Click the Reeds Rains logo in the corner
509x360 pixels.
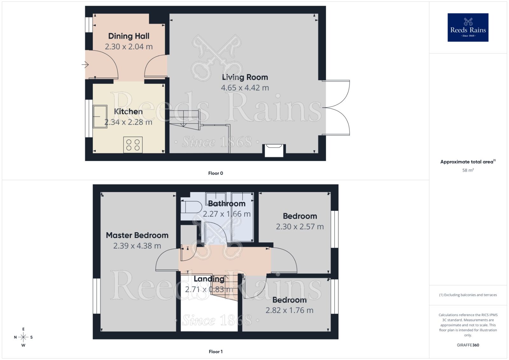click(x=468, y=27)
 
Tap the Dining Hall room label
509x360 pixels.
click(x=129, y=36)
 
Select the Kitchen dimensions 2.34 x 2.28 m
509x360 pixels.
click(x=128, y=122)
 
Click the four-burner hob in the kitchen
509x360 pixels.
click(x=133, y=145)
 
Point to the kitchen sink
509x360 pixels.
click(x=100, y=116)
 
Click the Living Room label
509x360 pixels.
click(x=245, y=77)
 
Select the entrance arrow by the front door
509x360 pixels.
click(x=85, y=65)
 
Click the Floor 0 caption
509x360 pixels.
click(x=215, y=173)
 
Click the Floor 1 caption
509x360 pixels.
click(x=215, y=351)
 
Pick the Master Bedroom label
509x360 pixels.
click(x=137, y=235)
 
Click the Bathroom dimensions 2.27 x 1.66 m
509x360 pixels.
click(x=227, y=214)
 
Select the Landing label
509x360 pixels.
click(x=209, y=279)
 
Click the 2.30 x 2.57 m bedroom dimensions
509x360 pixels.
click(x=300, y=227)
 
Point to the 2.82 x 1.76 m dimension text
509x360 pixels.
click(x=289, y=310)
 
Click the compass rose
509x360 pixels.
click(x=23, y=337)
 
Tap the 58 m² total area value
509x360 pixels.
click(x=468, y=170)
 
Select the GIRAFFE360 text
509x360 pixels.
click(x=468, y=345)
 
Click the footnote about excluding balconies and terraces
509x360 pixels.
click(x=468, y=295)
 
